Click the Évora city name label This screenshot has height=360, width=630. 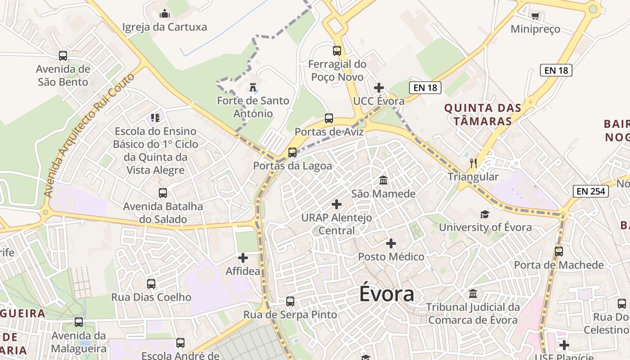pyautogui.click(x=387, y=294)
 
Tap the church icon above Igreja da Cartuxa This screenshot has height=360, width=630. pyautogui.click(x=165, y=14)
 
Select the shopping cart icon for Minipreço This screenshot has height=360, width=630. pyautogui.click(x=535, y=16)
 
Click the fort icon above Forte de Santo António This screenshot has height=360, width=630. pyautogui.click(x=253, y=86)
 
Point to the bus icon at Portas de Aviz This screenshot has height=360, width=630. pyautogui.click(x=329, y=118)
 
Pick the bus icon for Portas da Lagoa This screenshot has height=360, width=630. pyautogui.click(x=292, y=152)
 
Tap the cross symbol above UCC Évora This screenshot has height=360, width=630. pyautogui.click(x=379, y=87)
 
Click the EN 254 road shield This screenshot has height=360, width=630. pyautogui.click(x=591, y=191)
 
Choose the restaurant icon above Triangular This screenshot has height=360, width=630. pyautogui.click(x=473, y=163)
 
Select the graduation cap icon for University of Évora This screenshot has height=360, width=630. pyautogui.click(x=485, y=214)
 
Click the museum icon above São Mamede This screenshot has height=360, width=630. pyautogui.click(x=383, y=180)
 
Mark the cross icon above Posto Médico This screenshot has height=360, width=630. pyautogui.click(x=391, y=243)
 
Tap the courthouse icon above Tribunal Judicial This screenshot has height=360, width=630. pyautogui.click(x=473, y=294)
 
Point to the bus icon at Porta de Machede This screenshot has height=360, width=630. pyautogui.click(x=559, y=252)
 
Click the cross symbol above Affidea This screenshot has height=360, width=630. pyautogui.click(x=243, y=258)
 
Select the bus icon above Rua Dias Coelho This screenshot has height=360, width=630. pyautogui.click(x=151, y=284)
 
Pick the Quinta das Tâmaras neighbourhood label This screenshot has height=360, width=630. pyautogui.click(x=483, y=114)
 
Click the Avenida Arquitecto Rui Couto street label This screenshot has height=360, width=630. pyautogui.click(x=89, y=135)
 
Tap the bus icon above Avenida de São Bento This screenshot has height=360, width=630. pyautogui.click(x=63, y=56)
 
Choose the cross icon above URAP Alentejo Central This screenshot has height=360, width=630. pyautogui.click(x=337, y=204)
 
